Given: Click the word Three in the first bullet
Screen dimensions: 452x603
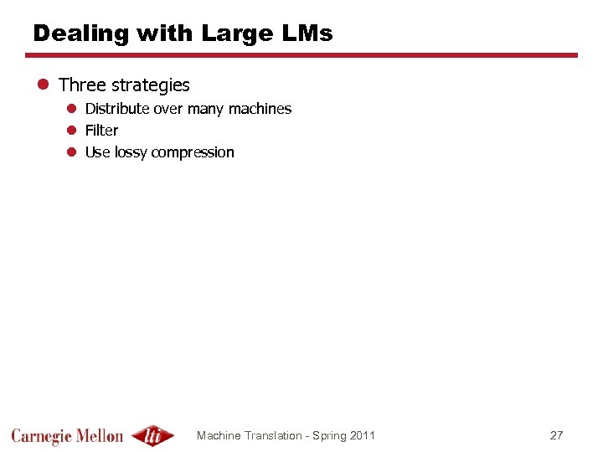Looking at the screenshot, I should point(82,85).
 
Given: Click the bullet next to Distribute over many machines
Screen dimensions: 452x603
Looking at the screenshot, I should point(73,109).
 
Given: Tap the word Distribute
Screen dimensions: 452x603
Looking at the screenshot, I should point(117,109).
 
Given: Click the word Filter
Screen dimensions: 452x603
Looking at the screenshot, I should point(101,131).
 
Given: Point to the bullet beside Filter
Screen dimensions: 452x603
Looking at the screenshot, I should point(73,131).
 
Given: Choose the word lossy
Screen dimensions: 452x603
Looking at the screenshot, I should point(131,152).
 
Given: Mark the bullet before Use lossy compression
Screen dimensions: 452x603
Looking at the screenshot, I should point(73,152).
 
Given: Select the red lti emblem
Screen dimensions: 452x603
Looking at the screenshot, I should point(153,435).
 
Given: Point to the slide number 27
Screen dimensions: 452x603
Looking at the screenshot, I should point(556,435).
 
